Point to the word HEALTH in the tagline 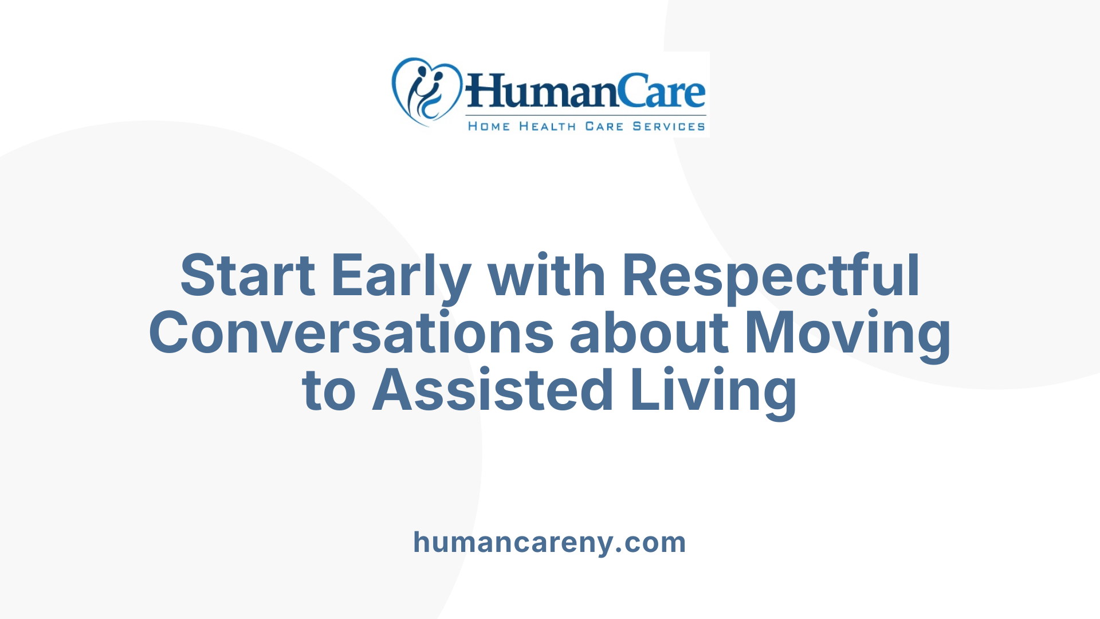pos(547,126)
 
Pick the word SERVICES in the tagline pos(669,126)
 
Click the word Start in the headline pos(247,276)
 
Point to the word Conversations pos(351,333)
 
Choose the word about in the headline pos(649,333)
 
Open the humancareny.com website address pos(549,542)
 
